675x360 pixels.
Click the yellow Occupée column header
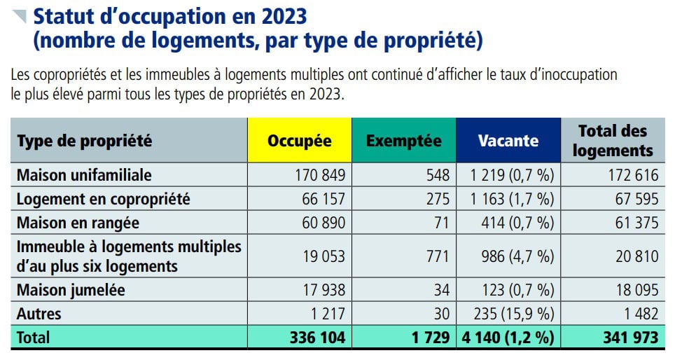[x=299, y=140]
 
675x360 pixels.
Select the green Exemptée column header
[x=404, y=140]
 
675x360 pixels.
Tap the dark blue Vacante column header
[x=508, y=140]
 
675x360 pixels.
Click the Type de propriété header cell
[x=84, y=140]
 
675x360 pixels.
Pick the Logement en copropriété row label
[x=103, y=199]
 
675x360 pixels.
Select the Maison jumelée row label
[x=72, y=289]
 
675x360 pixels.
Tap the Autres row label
[x=39, y=314]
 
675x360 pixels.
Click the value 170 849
[x=319, y=174]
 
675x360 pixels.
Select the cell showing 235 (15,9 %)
[x=513, y=314]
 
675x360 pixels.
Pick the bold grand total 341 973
[x=629, y=338]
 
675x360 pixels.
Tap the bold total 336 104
[x=317, y=338]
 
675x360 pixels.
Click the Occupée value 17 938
[x=322, y=289]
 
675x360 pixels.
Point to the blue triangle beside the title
[x=21, y=15]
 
